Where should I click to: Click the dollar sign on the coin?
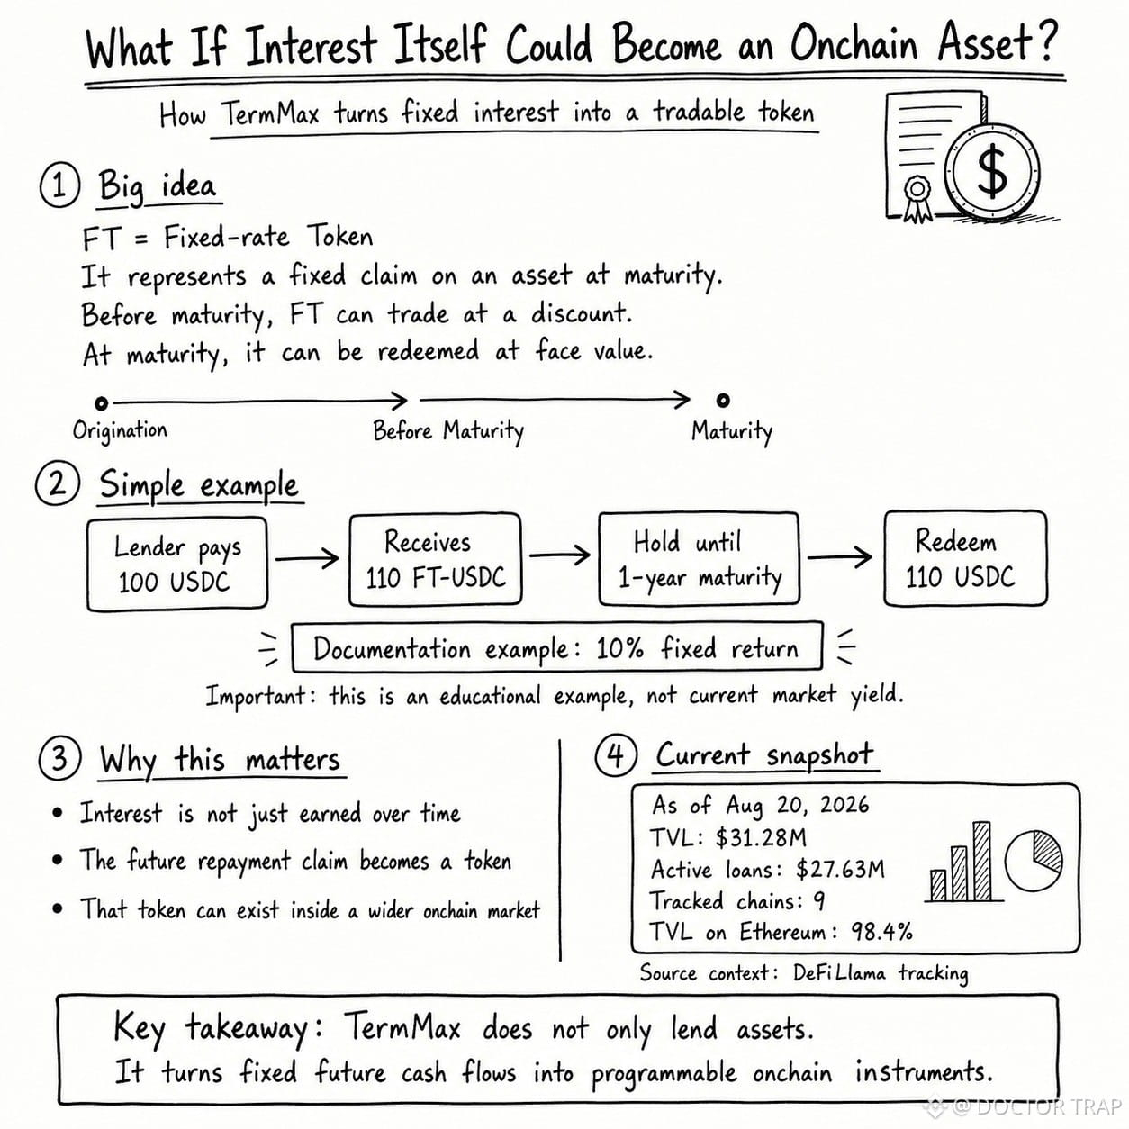point(992,171)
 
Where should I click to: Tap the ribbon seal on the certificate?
point(917,198)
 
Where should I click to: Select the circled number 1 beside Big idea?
point(59,186)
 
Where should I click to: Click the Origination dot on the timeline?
point(102,403)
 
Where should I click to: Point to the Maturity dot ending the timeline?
point(723,400)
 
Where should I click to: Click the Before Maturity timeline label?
point(448,432)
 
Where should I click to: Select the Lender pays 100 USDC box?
point(177,564)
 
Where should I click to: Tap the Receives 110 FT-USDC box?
point(436,559)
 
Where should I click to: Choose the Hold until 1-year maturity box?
point(699,558)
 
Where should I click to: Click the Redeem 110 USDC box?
point(965,558)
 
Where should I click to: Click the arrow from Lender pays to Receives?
point(307,558)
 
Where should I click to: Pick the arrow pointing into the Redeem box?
point(840,556)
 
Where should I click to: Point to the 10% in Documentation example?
point(619,648)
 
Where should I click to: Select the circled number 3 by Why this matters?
point(59,758)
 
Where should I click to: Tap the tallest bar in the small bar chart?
point(982,862)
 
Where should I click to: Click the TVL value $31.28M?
point(761,838)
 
